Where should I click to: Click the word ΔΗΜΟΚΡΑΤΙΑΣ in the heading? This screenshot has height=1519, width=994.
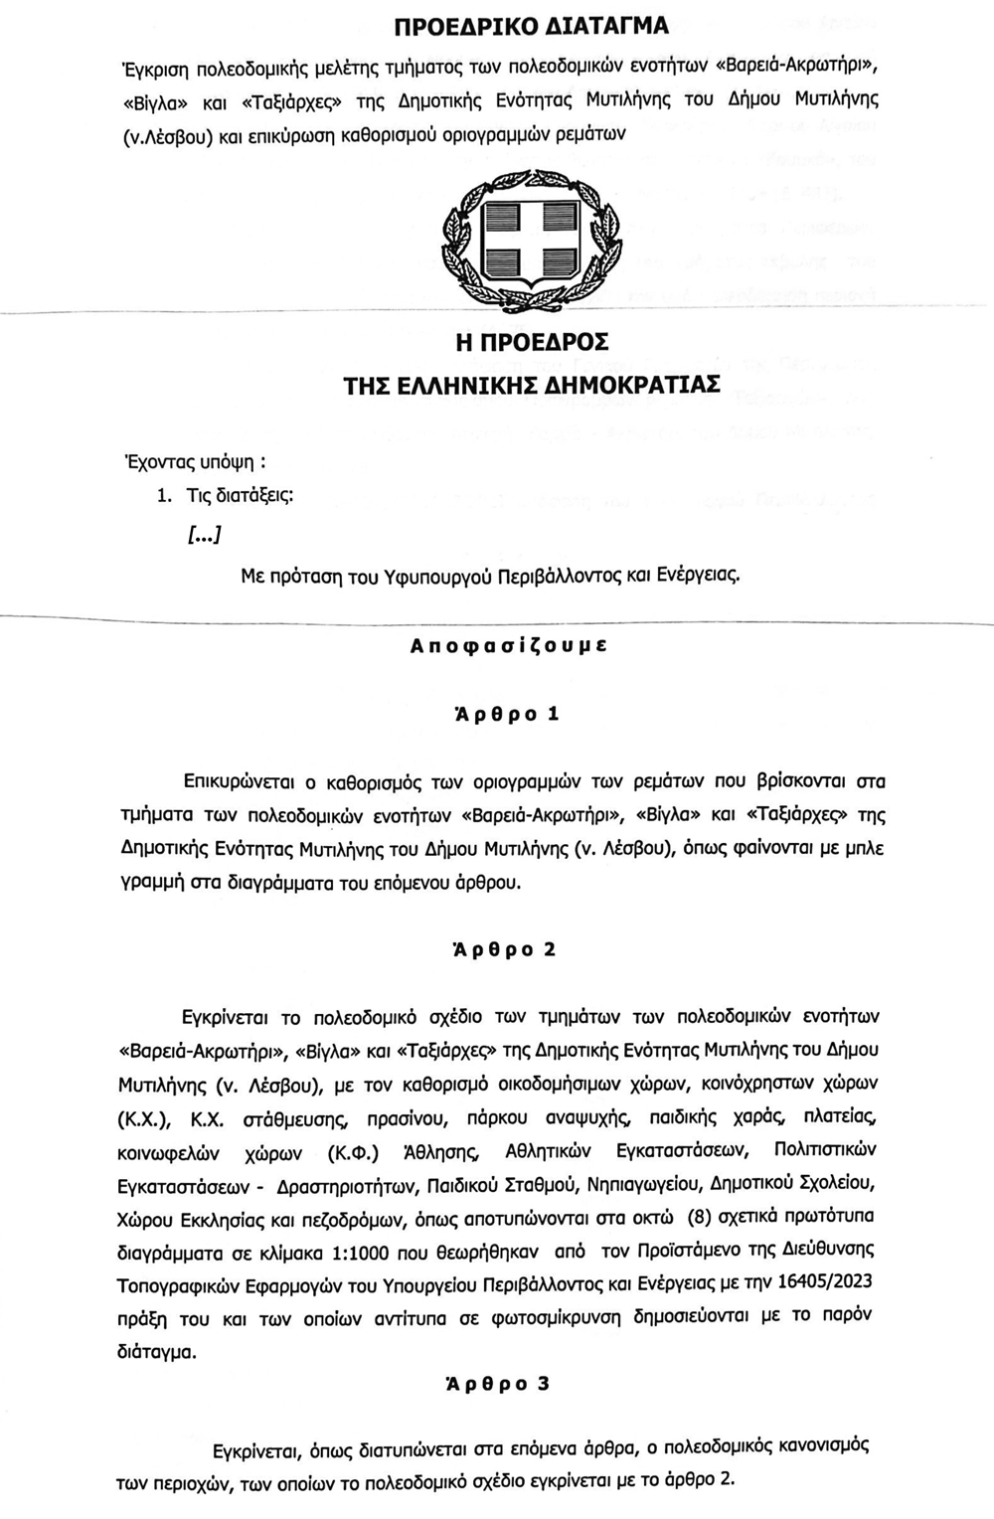point(633,385)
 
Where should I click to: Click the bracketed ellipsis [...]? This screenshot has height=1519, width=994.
point(204,536)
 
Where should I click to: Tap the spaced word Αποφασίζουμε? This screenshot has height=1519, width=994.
point(509,644)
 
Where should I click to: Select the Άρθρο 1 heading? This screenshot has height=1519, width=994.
point(507,714)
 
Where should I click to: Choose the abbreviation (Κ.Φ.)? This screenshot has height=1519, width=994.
point(353,1150)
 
